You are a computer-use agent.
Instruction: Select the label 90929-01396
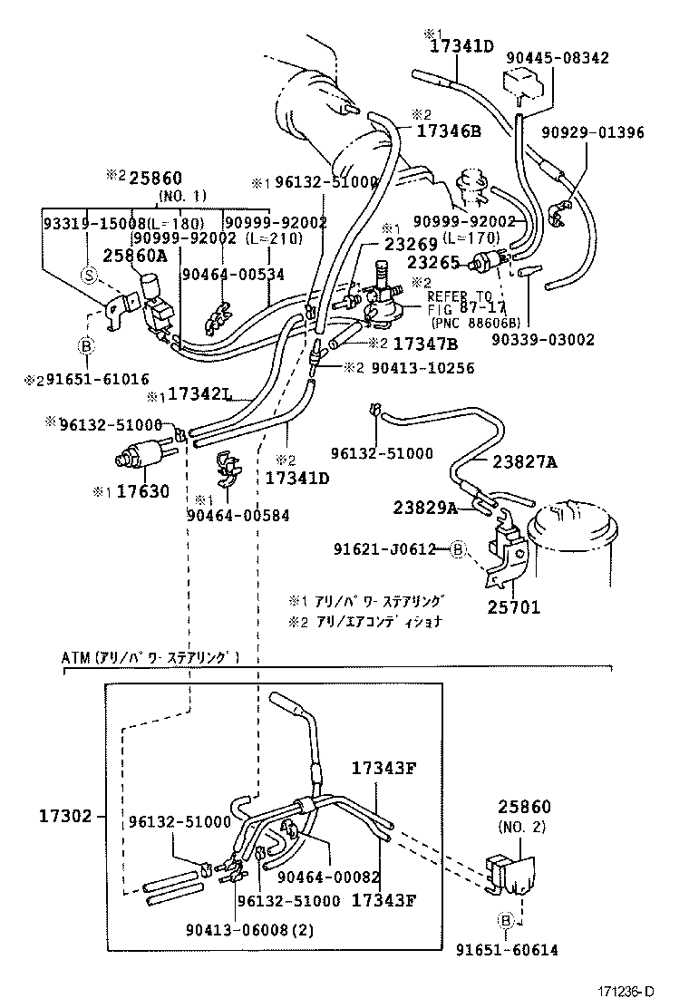tap(593, 132)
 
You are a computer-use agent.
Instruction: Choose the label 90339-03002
tap(543, 339)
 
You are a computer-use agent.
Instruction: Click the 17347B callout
tap(425, 344)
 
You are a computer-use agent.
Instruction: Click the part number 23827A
tap(525, 461)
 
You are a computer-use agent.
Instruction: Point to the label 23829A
tap(425, 507)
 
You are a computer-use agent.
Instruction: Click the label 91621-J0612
tap(398, 548)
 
